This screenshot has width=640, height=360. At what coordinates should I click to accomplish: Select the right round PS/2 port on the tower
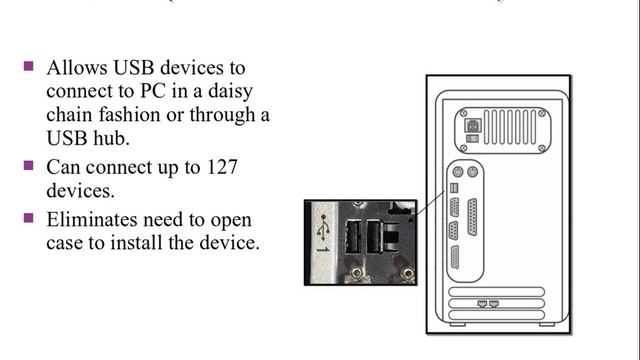pyautogui.click(x=473, y=171)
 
